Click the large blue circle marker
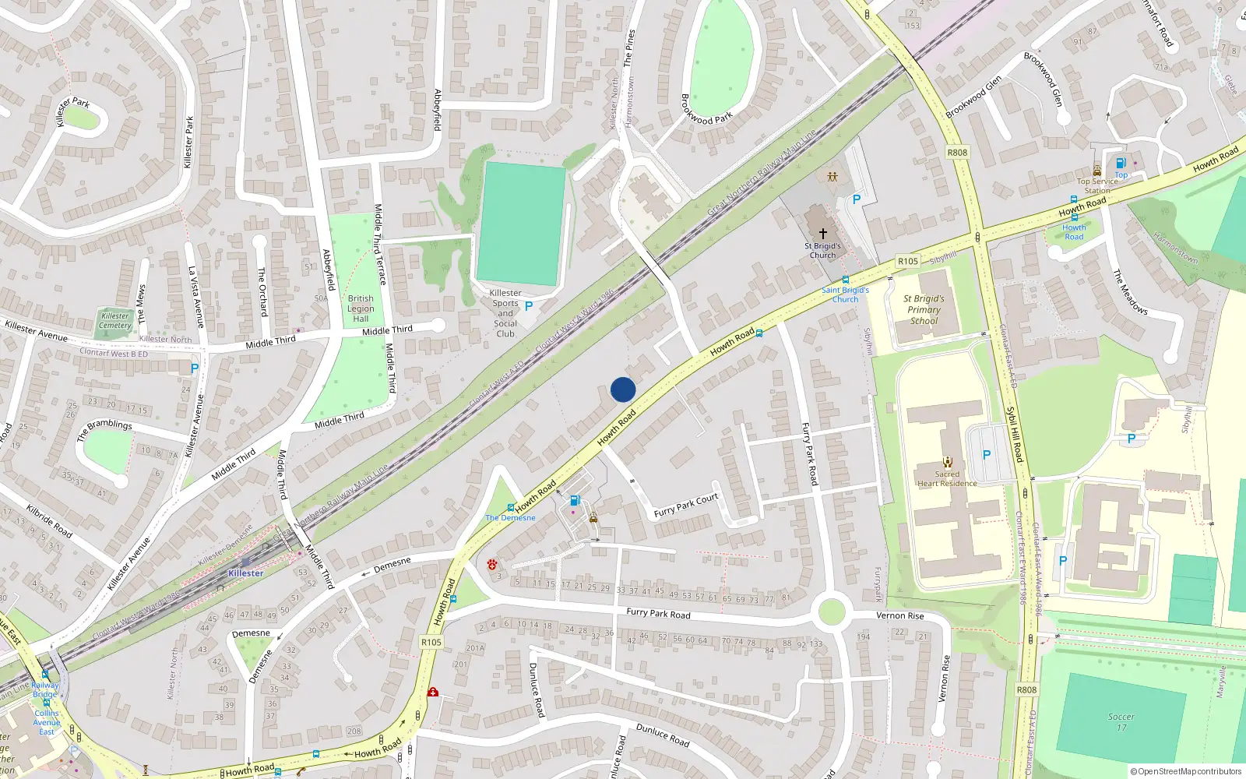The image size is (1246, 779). coord(623,389)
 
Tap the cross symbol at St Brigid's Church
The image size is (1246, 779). coord(823,233)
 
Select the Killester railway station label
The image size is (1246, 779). coord(246,573)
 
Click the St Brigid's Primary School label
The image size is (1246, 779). coord(924,309)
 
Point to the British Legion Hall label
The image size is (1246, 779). coord(361,308)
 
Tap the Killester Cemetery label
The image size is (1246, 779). coord(115,321)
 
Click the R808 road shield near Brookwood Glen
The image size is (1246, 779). coord(957,153)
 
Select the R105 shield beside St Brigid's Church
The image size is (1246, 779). coord(908,262)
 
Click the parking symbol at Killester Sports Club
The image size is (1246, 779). coord(529,306)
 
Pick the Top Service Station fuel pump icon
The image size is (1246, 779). coord(1121,163)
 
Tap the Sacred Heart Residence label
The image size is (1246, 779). coord(947,478)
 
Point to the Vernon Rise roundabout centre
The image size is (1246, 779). coord(831,612)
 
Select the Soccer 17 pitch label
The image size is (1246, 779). coord(1121,722)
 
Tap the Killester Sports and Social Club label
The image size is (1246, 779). coord(505,313)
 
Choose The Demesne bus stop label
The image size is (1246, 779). coord(510,517)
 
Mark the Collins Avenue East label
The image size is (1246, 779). coord(47,722)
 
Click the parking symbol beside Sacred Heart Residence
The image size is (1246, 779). coord(987,455)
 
